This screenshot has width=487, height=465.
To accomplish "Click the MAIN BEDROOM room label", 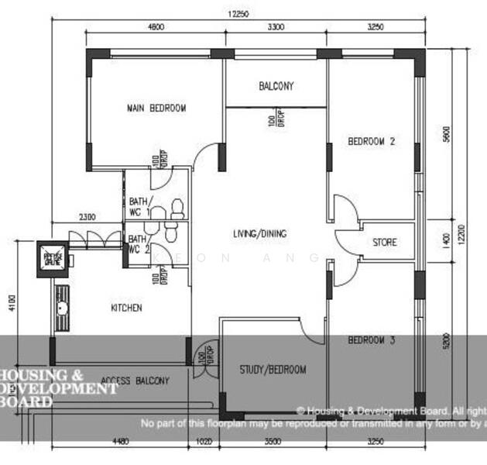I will click(156, 108).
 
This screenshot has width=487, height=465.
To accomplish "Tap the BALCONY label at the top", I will click(276, 87).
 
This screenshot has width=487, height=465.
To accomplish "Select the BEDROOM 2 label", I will click(371, 142).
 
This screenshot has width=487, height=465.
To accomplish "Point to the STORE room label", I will click(384, 243).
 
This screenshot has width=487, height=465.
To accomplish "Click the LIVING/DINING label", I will click(259, 234).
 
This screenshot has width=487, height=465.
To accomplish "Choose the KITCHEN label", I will click(126, 308).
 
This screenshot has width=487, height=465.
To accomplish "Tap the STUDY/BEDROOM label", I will click(273, 370).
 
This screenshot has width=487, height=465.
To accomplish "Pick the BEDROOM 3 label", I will click(371, 340).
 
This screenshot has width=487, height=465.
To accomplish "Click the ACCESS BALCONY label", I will click(135, 381).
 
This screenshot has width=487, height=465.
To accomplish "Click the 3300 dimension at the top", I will click(276, 27).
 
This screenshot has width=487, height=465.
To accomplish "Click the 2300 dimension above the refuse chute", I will click(87, 217).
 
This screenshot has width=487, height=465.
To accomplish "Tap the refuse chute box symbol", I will click(53, 259).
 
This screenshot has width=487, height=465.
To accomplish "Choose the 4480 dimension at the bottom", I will click(120, 443).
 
